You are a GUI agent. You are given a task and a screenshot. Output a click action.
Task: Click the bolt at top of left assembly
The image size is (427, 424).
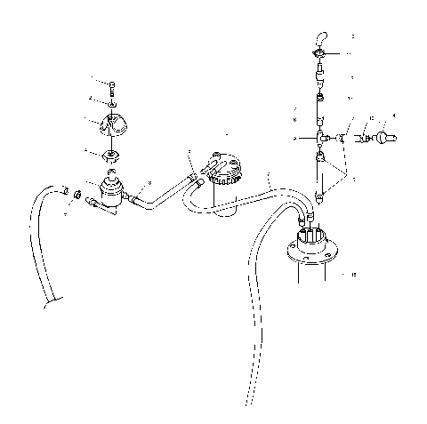[x=114, y=86]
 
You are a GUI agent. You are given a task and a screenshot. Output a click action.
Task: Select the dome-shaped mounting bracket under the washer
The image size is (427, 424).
[x=115, y=125]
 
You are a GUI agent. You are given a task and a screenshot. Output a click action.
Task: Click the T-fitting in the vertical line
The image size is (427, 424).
[x=322, y=138]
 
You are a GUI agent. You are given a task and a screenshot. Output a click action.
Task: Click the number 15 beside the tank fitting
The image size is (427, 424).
[x=354, y=275]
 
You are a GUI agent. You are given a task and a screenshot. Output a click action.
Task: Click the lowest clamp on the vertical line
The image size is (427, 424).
[x=319, y=198]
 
